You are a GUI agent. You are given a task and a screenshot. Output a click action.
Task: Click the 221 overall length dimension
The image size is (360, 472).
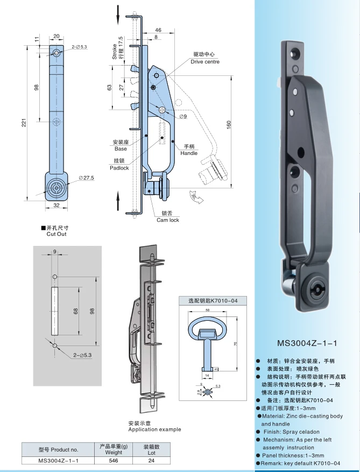[x=24, y=123]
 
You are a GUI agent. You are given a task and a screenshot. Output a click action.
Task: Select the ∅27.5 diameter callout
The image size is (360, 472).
[x=86, y=178]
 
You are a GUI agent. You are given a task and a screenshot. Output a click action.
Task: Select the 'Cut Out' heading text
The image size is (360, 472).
[x=57, y=234]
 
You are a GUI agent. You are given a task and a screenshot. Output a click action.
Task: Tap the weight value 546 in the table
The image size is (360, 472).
[x=113, y=461]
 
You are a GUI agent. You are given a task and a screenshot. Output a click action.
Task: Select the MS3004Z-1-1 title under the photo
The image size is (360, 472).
[x=306, y=342]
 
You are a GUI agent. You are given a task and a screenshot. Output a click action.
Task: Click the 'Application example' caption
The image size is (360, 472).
[x=154, y=429]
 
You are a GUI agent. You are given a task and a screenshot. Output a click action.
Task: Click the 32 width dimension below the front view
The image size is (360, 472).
[x=56, y=206]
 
